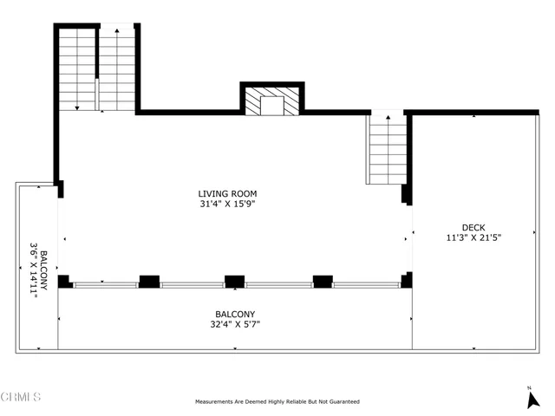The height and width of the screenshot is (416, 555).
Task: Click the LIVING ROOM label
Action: tap(227, 193)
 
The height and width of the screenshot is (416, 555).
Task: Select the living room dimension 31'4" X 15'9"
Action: tap(227, 205)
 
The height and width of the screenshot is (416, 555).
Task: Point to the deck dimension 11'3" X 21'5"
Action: tap(473, 236)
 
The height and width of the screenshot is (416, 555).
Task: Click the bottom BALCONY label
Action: tap(235, 315)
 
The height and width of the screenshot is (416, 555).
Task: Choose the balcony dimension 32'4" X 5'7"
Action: tap(235, 325)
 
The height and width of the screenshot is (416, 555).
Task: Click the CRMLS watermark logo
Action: tap(21, 397)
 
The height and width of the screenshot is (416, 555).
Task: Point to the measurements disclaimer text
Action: tap(277, 402)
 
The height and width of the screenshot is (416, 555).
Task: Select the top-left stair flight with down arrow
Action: tap(77, 69)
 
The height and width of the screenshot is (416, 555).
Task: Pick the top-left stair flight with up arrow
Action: tap(117, 69)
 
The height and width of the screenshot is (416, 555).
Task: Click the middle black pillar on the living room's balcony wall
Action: tap(234, 281)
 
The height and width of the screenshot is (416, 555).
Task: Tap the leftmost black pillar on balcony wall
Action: tap(64, 281)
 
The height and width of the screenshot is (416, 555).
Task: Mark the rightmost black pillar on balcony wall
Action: tap(406, 280)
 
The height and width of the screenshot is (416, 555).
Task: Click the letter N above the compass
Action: tap(529, 387)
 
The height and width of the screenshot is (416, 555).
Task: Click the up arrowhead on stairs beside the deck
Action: tap(388, 117)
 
